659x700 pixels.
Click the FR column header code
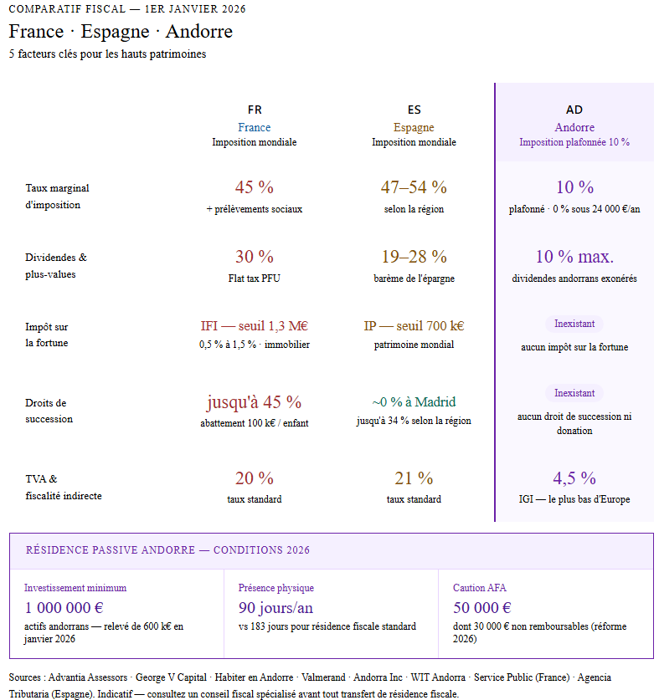(255, 110)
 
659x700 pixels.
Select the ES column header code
(414, 110)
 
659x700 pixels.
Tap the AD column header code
(574, 110)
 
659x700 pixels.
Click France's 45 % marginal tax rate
(255, 187)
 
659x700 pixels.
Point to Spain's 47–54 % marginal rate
(414, 187)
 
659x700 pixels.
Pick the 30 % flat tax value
(255, 257)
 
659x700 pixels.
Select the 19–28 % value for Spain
(414, 257)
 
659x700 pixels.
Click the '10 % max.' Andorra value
(574, 257)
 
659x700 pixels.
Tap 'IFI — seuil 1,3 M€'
(255, 326)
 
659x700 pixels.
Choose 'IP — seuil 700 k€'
(414, 326)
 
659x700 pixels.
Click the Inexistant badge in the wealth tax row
(574, 324)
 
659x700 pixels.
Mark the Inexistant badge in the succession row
(574, 393)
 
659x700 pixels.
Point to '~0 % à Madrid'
(414, 402)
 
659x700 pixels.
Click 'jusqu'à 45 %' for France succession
(255, 402)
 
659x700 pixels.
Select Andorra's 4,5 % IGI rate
(574, 478)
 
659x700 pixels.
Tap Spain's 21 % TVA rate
(414, 478)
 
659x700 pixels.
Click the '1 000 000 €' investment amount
(64, 608)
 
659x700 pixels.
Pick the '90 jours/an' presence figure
(275, 608)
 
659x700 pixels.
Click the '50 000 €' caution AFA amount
(482, 608)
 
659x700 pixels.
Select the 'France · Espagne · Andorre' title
(121, 32)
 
